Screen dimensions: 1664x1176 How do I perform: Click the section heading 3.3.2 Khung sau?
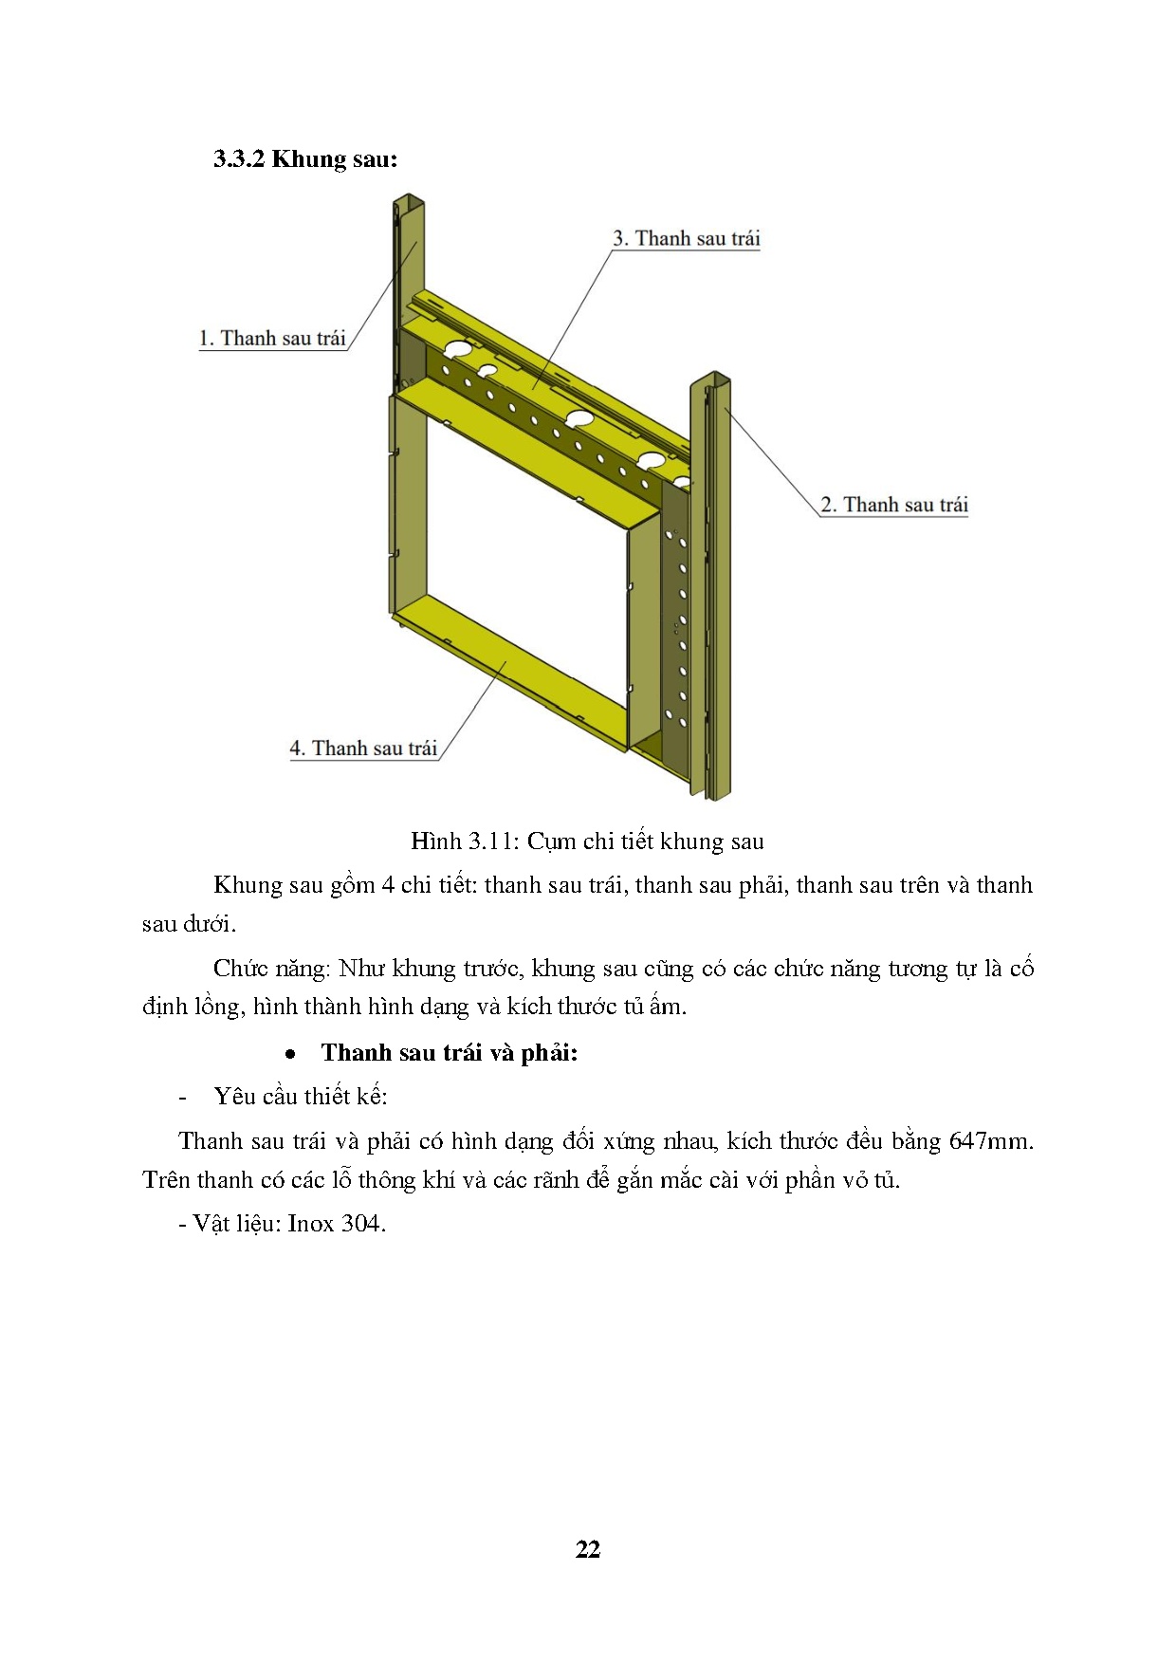[x=304, y=159]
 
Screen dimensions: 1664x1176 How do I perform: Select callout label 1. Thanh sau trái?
[x=272, y=339]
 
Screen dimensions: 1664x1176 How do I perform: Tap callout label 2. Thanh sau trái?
[x=894, y=505]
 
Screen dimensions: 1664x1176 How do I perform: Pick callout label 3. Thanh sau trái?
[x=686, y=238]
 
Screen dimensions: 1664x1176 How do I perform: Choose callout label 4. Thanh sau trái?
[x=363, y=749]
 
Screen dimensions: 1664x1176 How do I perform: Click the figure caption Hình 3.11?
[x=587, y=841]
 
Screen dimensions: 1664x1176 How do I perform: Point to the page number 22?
[x=587, y=1549]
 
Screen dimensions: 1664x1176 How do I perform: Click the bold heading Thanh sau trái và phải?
[x=449, y=1052]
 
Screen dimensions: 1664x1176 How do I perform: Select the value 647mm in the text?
[x=990, y=1140]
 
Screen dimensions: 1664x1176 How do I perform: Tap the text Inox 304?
[x=336, y=1224]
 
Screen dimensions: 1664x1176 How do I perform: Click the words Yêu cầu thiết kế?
[x=300, y=1097]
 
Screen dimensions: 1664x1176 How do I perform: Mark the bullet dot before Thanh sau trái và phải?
[x=292, y=1054]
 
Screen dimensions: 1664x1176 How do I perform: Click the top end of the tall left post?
[x=408, y=201]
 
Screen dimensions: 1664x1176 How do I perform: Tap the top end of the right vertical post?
[x=710, y=379]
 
